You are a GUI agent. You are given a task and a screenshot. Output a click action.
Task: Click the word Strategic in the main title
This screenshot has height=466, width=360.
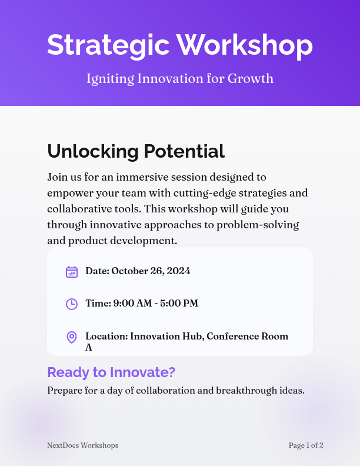(x=107, y=45)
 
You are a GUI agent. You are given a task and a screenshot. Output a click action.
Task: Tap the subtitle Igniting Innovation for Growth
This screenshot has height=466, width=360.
(x=180, y=78)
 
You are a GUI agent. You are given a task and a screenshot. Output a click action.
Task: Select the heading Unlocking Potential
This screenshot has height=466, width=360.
(x=136, y=151)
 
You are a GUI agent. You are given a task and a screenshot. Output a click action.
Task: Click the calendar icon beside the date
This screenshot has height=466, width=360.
(x=72, y=271)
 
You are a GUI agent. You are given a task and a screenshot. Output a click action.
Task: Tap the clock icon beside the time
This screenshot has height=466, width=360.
(x=72, y=304)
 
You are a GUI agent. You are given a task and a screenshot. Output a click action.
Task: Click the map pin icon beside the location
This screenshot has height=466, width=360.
(x=72, y=337)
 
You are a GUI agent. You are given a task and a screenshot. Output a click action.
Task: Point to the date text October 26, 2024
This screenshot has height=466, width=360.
(x=151, y=271)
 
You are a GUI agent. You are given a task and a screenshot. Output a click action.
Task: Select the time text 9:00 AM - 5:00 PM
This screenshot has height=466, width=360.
(x=155, y=303)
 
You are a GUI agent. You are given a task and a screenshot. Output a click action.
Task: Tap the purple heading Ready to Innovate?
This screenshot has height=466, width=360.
(x=111, y=372)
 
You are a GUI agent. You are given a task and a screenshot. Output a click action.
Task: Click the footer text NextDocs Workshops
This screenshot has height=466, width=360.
(x=82, y=445)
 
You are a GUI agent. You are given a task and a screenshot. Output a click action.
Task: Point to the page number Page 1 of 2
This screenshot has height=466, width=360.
(x=306, y=445)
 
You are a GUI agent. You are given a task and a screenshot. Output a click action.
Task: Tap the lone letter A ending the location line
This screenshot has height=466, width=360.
(x=89, y=347)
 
